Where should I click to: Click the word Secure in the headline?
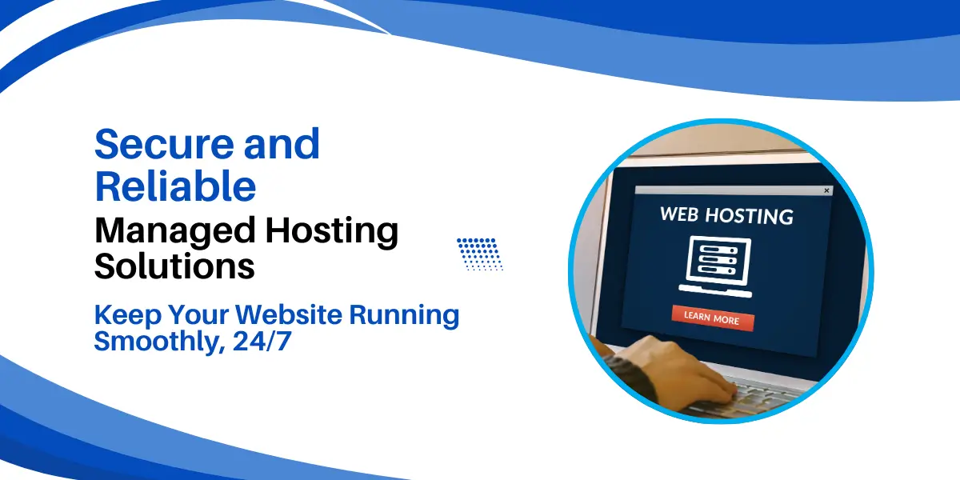coord(164,144)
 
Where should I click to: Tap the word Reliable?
coord(175,186)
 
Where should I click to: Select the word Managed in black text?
coord(175,231)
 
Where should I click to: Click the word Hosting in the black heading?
coord(332,231)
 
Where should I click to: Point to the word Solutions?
coord(174,266)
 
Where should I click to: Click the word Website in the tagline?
coord(290,314)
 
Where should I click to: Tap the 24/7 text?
coord(262,341)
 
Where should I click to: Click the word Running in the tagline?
coord(404,316)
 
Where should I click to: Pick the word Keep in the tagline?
coord(128,316)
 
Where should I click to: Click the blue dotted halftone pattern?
coord(480,254)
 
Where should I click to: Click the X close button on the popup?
coord(826,190)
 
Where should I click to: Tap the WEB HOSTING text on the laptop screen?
coord(726,215)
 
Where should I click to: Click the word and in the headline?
coord(282,144)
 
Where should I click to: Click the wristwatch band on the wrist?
coord(630,377)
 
